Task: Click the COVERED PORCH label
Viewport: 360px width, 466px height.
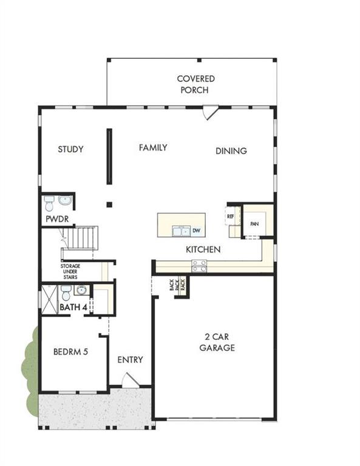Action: (x=195, y=84)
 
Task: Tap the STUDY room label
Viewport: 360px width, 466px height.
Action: (x=70, y=149)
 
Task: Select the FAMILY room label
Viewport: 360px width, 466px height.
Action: (x=152, y=147)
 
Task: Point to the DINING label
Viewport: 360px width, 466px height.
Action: (x=231, y=151)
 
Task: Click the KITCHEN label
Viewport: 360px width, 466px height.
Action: (x=203, y=249)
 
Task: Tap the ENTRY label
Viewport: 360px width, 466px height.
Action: (x=130, y=360)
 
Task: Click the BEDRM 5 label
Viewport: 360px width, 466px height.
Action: (x=71, y=351)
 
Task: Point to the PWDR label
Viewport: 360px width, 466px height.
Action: (x=55, y=218)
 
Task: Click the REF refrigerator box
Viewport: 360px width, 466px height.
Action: (x=231, y=215)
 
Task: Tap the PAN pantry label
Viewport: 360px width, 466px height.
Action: (x=255, y=224)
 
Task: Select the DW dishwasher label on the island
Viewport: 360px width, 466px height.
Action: (x=196, y=231)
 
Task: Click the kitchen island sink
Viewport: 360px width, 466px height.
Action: (x=180, y=231)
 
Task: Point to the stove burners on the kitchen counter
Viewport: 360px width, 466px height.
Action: (x=199, y=265)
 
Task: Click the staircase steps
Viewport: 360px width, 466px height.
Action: (x=82, y=237)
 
